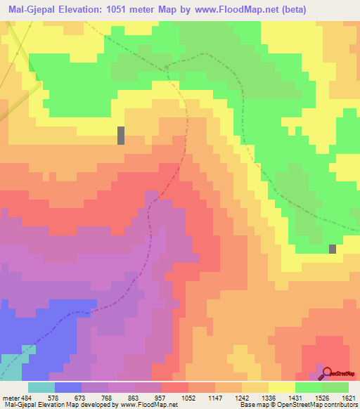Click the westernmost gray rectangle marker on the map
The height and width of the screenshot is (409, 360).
point(121,135)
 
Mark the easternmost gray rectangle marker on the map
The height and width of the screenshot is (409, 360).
point(333,249)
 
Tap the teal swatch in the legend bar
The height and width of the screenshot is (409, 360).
point(41,387)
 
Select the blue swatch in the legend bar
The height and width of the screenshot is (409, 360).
point(67,387)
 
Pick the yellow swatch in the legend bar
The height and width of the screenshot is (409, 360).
point(281,387)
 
